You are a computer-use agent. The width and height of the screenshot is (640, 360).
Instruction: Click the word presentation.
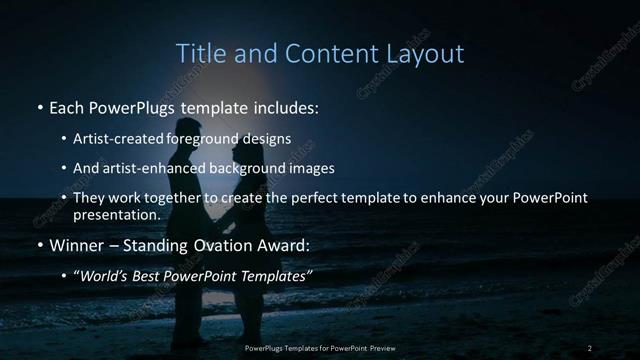click(x=117, y=215)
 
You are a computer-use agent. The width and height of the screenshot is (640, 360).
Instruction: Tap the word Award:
click(x=286, y=244)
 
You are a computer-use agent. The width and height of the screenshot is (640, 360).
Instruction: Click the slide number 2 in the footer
click(x=590, y=347)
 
